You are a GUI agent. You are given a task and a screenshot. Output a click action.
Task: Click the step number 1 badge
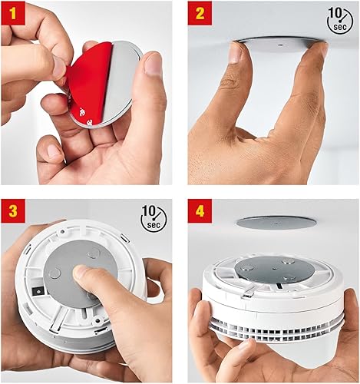(13, 13)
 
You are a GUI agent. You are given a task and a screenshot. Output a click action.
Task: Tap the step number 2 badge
(200, 13)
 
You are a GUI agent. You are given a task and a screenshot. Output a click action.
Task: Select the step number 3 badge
(13, 211)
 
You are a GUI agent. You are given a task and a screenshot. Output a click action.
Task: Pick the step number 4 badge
(200, 211)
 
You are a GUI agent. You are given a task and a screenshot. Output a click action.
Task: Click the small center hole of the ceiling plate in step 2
(280, 45)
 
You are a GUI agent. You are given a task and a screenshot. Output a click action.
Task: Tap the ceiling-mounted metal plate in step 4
(276, 221)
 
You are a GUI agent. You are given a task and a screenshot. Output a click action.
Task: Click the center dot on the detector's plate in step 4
(275, 268)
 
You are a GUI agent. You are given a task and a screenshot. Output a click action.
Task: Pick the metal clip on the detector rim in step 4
(247, 293)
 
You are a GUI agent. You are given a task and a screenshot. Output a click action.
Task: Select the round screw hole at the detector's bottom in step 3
(97, 319)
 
